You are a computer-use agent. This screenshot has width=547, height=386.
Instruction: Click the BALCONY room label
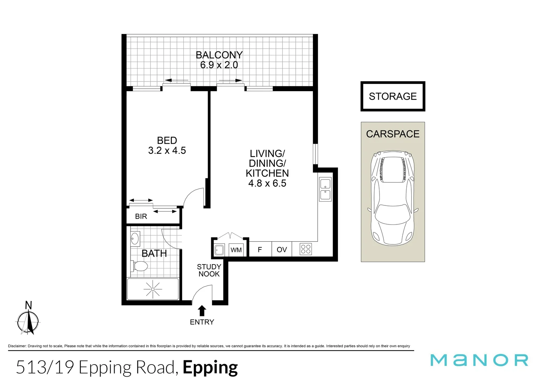[x=219, y=55]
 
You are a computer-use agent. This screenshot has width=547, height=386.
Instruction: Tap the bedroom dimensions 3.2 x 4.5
[x=167, y=150]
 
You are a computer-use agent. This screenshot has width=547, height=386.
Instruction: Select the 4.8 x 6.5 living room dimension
[x=267, y=183]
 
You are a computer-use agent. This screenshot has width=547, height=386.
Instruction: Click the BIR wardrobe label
[x=141, y=216]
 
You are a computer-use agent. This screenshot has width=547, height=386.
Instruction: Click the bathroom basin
[x=135, y=239]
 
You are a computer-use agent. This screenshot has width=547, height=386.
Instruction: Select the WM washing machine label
[x=236, y=250]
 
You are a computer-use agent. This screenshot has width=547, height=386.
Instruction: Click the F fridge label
[x=260, y=249]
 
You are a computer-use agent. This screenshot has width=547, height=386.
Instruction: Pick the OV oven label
[x=282, y=249]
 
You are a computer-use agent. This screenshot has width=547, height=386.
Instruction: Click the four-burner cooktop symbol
[x=306, y=249]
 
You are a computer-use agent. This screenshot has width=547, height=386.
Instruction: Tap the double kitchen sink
[x=325, y=189]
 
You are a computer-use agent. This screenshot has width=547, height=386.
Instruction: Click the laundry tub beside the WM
[x=219, y=249]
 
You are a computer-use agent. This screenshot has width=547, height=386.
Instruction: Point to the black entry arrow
[x=202, y=310]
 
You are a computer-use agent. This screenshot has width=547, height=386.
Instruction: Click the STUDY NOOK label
[x=209, y=270]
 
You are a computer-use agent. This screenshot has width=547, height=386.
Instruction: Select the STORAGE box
[x=393, y=96]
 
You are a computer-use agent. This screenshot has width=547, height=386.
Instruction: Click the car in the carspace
[x=393, y=198]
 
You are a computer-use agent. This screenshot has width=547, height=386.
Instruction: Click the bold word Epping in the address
[x=210, y=367]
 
